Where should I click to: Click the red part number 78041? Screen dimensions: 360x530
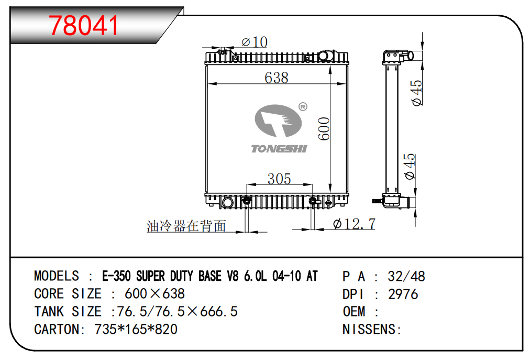pyautogui.click(x=84, y=25)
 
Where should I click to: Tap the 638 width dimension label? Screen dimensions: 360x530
pyautogui.click(x=276, y=78)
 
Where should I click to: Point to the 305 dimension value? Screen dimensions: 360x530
pyautogui.click(x=279, y=179)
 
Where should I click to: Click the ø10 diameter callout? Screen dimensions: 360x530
pyautogui.click(x=254, y=42)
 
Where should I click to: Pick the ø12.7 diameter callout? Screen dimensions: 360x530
pyautogui.click(x=355, y=224)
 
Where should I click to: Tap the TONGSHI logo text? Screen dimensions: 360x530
pyautogui.click(x=279, y=149)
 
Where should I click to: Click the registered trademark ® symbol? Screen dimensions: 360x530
pyautogui.click(x=302, y=107)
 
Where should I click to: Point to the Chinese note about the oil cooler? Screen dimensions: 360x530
pyautogui.click(x=186, y=226)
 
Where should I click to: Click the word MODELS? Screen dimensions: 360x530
pyautogui.click(x=57, y=276)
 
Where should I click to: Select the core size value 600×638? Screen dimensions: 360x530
pyautogui.click(x=154, y=293)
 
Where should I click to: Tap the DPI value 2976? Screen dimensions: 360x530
pyautogui.click(x=403, y=294)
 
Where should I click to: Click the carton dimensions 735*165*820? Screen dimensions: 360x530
pyautogui.click(x=136, y=329)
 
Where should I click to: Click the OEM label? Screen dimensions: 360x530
pyautogui.click(x=354, y=311)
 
